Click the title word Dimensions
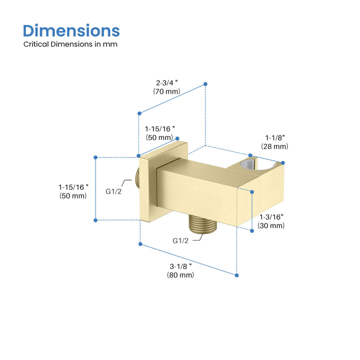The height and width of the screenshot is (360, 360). click(71, 31)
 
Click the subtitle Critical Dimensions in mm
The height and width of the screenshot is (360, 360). click(70, 44)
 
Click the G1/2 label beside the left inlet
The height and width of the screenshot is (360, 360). click(113, 191)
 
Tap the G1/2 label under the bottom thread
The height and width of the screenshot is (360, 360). click(180, 240)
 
